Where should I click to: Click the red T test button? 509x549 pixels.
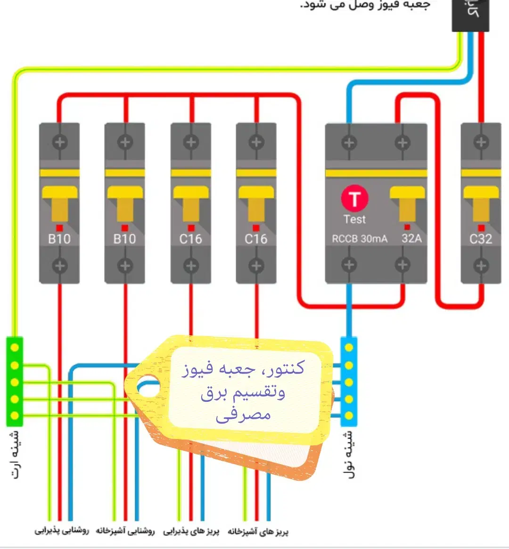coord(354,199)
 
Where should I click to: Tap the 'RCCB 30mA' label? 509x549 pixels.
coord(360,239)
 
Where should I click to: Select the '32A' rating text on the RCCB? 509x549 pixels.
coord(411,238)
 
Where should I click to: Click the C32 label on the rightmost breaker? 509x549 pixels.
coord(480,239)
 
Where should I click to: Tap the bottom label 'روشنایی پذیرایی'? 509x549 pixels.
coord(62,531)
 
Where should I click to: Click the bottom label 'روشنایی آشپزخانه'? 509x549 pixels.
coord(125,531)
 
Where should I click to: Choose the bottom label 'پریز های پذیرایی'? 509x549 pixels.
coord(191,532)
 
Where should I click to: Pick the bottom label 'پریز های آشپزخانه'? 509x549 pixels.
coord(258,532)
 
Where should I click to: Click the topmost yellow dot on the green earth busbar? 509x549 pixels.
coord(15,348)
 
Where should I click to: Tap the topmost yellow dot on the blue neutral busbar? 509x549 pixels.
coord(349,348)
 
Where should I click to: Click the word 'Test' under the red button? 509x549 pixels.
coord(354,219)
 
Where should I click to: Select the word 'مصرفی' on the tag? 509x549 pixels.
coord(243,415)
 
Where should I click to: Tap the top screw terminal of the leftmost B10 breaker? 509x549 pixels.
coord(59,142)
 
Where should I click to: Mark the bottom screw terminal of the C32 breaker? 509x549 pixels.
coord(481,266)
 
